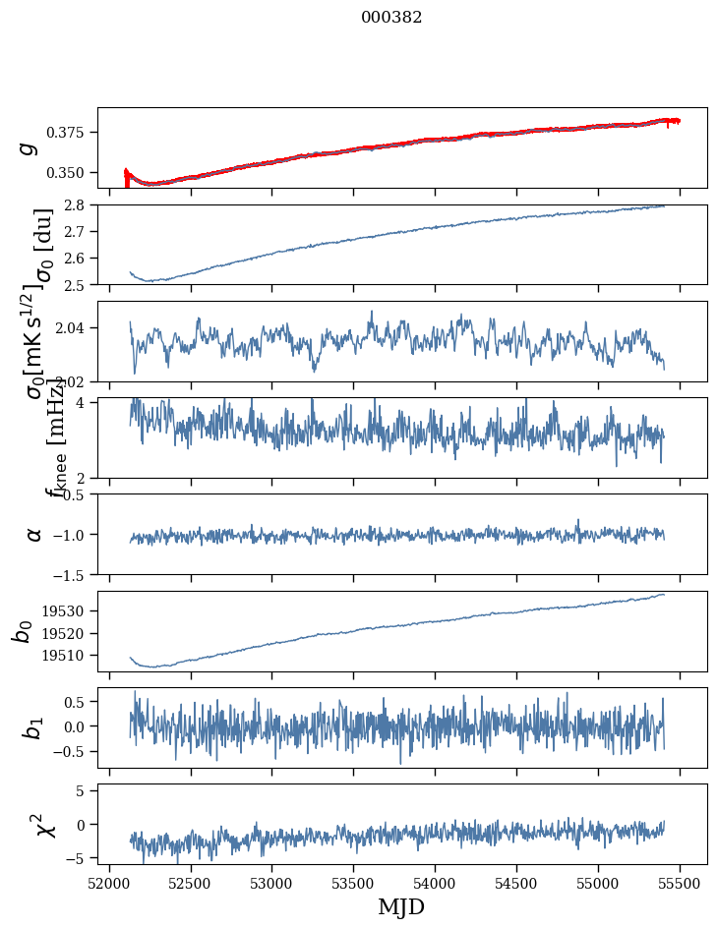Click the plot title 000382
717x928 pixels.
tap(391, 18)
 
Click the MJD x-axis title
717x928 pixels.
tap(401, 906)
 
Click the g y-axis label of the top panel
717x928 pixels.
tap(29, 147)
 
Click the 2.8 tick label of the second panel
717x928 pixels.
tap(81, 204)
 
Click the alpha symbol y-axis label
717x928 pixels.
tap(34, 534)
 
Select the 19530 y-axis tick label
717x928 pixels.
tap(68, 611)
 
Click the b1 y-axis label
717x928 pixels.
tap(34, 727)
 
